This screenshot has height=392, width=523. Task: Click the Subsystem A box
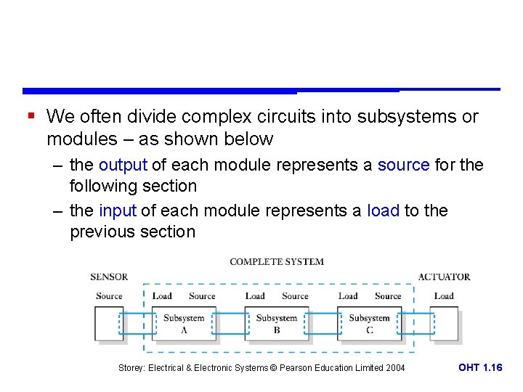click(184, 324)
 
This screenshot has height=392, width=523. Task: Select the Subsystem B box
click(277, 324)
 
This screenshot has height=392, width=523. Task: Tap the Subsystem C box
click(370, 324)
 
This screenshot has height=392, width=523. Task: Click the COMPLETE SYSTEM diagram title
click(277, 261)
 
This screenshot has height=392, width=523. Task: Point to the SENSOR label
click(109, 277)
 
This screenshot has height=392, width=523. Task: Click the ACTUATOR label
click(444, 277)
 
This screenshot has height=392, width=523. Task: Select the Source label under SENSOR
click(109, 296)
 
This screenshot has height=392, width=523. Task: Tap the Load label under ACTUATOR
click(444, 296)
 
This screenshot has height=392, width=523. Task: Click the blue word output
click(123, 165)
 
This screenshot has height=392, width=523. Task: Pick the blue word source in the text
click(403, 165)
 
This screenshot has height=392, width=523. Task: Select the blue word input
click(118, 211)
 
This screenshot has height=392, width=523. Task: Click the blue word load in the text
click(384, 211)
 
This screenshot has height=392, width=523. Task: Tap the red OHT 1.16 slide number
click(480, 368)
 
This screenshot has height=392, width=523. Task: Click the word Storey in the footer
click(133, 368)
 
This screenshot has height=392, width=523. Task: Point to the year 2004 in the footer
click(395, 368)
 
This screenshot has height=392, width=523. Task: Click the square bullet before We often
click(31, 115)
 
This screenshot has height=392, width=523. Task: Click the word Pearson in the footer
click(294, 368)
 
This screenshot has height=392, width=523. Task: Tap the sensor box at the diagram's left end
click(109, 324)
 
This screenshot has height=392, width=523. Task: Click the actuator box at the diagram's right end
click(444, 324)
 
